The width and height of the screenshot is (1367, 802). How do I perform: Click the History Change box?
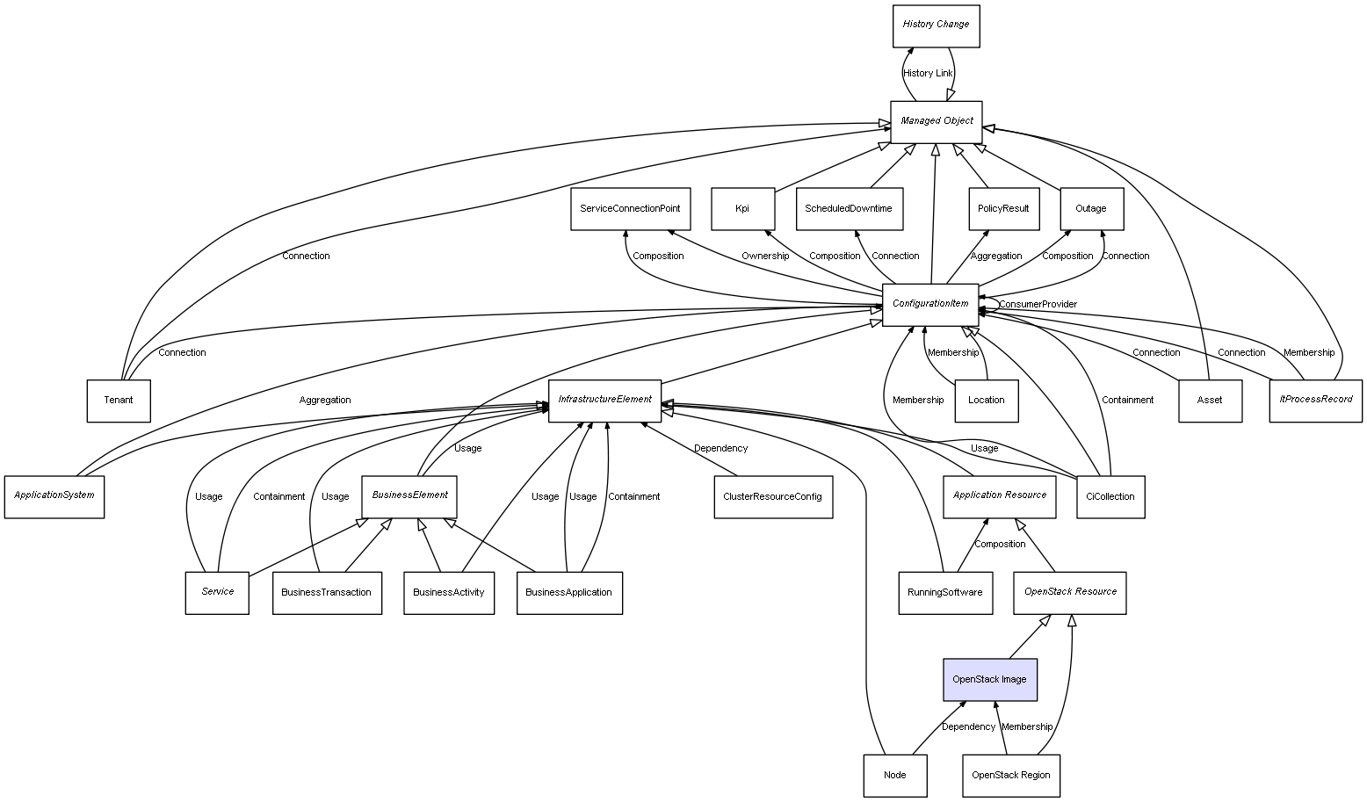tap(936, 25)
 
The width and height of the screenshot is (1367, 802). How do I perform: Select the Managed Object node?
tap(937, 121)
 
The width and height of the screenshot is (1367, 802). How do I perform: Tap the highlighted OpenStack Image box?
tap(990, 680)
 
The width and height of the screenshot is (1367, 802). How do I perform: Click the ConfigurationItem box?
tap(930, 304)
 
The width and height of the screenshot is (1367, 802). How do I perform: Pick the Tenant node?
tap(119, 401)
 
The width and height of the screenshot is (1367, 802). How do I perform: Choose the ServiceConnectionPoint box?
tap(630, 209)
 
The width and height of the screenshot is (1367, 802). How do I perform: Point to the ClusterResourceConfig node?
tap(772, 497)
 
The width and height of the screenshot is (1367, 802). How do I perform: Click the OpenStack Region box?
tap(1010, 776)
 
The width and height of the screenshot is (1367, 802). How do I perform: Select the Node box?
tap(894, 776)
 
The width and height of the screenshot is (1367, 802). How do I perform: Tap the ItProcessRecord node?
tap(1315, 401)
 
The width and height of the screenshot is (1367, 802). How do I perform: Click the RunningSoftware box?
tap(945, 593)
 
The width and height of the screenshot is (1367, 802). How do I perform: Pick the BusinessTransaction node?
tap(327, 593)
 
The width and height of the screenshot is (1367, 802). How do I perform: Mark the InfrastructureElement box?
tap(604, 401)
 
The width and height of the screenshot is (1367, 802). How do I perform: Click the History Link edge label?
tap(928, 74)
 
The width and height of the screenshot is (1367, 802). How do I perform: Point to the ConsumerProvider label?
tap(1038, 305)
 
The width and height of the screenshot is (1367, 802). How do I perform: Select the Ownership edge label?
tap(764, 256)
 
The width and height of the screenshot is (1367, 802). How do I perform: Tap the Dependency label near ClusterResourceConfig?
tap(720, 449)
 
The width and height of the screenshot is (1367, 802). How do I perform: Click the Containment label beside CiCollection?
tap(1127, 401)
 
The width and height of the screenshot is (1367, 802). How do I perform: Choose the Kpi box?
tap(742, 209)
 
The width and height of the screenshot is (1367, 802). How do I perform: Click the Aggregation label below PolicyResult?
tap(996, 256)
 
